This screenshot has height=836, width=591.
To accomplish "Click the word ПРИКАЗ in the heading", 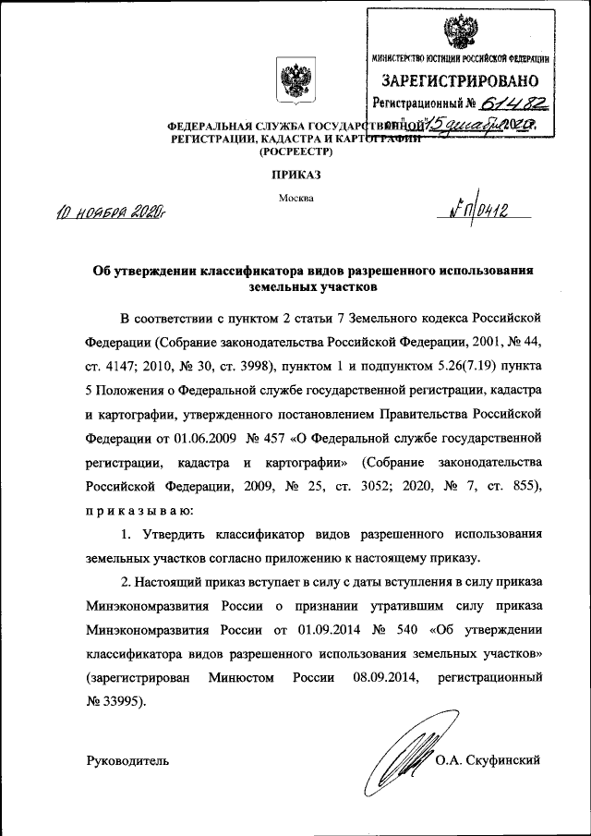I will coord(296,173).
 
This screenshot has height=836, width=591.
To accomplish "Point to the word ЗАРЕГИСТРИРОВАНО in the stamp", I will coord(461,80).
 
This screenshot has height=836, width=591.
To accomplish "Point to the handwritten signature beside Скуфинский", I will coord(403,755).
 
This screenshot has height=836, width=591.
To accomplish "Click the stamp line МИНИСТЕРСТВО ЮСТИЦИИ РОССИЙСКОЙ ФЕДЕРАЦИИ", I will coord(461,58).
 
